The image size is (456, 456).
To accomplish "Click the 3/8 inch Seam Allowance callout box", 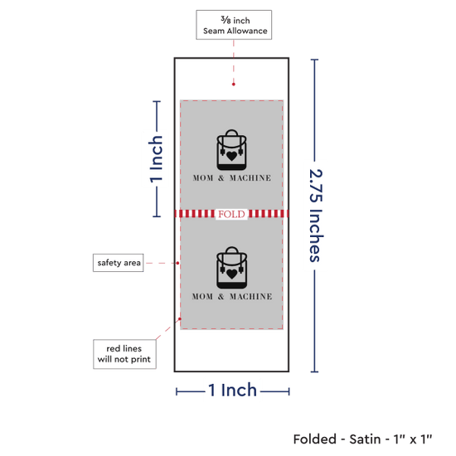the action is [234, 25].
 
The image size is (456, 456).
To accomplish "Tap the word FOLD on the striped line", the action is [231, 215].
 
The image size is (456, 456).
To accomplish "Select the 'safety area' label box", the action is [118, 263].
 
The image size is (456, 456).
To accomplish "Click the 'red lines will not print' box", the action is [124, 354].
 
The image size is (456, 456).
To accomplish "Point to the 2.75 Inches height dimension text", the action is [316, 216].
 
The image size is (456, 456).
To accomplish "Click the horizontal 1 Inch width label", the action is [233, 390].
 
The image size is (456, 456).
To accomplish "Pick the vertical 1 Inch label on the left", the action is [156, 159].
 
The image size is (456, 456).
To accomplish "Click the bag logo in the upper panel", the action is [231, 150].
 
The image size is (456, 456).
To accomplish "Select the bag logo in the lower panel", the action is [231, 268].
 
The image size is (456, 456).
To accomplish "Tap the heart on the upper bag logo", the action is [232, 156].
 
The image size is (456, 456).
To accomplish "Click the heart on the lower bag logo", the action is [232, 274].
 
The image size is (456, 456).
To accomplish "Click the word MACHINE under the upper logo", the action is [250, 178].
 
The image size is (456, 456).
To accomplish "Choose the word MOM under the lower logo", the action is [202, 297].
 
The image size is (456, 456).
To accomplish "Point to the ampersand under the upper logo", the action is [221, 178].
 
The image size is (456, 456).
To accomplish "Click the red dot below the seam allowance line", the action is [234, 85].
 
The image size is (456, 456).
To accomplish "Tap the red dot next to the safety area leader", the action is [177, 263].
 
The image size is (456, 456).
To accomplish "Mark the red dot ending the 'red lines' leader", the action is [180, 319].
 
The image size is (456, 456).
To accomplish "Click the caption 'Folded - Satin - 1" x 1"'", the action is [362, 439].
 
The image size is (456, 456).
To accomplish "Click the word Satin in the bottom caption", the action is [365, 439].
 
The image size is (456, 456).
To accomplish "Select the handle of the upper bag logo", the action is [232, 133].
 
